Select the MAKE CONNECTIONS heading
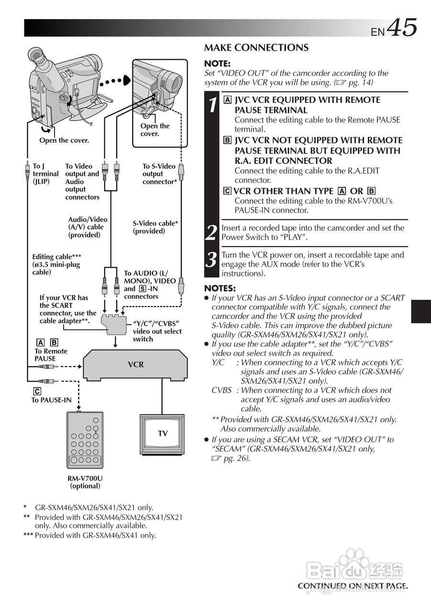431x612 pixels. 256,48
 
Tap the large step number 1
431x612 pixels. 211,105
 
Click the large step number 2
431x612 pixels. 211,233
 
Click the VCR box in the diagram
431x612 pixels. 136,365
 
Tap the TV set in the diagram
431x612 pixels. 163,433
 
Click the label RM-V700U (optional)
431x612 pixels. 85,482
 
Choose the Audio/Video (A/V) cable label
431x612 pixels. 88,227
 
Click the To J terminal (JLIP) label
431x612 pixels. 45,174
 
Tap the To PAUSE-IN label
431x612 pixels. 51,400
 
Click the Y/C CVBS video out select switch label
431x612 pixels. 157,331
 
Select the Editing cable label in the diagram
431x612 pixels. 56,264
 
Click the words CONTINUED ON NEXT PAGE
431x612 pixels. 353,586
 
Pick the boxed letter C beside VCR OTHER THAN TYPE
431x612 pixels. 228,191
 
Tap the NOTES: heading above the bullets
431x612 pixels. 220,288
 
